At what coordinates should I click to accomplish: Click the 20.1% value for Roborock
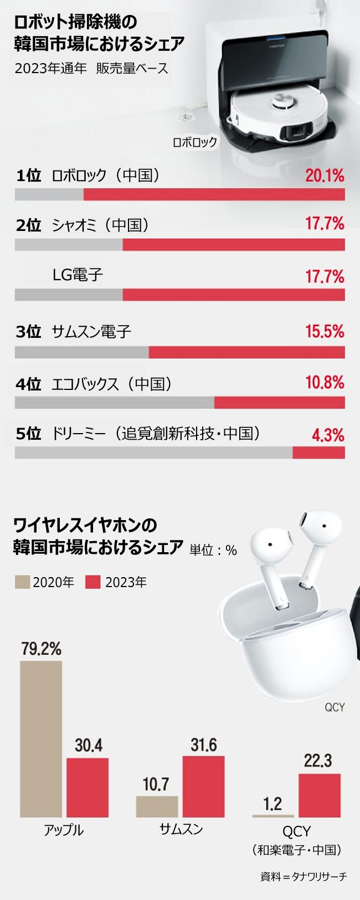coord(325,176)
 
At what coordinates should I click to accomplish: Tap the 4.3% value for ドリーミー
coord(328,435)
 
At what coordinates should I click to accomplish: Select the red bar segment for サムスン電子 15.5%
coord(246,352)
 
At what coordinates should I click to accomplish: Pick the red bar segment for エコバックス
coord(279,403)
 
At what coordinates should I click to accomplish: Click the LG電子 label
coord(78,275)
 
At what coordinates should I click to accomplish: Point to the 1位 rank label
coord(29,176)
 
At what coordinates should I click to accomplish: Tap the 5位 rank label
coord(29,434)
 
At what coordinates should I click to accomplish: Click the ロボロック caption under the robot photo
coord(195,142)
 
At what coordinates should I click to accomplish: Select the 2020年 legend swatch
coord(22,582)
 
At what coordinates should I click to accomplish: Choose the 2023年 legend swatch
coord(93,582)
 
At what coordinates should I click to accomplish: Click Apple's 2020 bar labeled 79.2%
coord(41,739)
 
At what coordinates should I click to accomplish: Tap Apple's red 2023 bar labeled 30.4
coord(88,788)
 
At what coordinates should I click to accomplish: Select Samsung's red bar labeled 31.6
coord(203,786)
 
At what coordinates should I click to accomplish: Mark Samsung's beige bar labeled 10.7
coord(157,806)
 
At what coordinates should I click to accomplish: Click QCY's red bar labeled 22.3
coord(320,795)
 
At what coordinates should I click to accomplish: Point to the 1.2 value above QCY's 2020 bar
coord(272,804)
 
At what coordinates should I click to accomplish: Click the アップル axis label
coord(64,830)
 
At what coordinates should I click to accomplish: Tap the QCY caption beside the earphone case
coord(335,707)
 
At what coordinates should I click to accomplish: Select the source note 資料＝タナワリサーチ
coord(304,877)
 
